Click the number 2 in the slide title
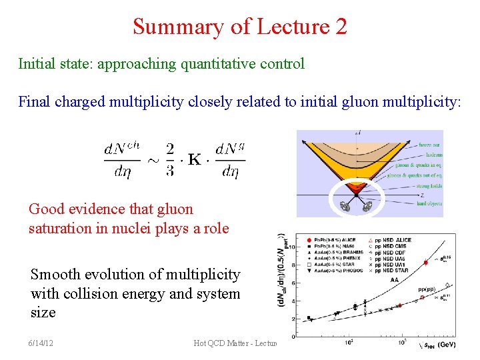(341, 27)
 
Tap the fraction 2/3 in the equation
(170, 160)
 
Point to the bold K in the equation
(195, 160)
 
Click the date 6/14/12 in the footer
(41, 343)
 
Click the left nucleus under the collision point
(345, 207)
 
